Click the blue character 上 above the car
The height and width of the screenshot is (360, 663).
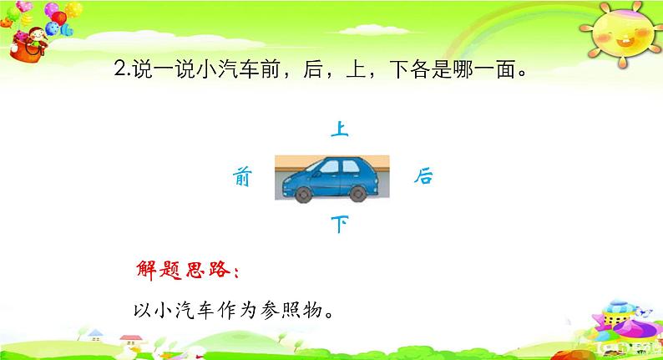click(340, 129)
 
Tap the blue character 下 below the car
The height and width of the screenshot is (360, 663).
click(340, 224)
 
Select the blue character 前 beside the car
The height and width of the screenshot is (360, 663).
click(242, 176)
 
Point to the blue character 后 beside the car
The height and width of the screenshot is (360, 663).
click(423, 176)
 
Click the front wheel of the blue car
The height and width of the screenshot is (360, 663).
click(303, 194)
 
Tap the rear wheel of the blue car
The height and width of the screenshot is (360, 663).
click(357, 194)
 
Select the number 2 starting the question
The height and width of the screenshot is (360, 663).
click(120, 69)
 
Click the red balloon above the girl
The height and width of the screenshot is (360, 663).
click(58, 18)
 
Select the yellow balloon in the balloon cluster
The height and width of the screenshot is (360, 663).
click(73, 9)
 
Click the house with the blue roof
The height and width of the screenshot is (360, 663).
click(95, 336)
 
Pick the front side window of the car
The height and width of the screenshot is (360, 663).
click(329, 167)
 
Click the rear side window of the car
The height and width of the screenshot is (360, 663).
click(351, 166)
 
